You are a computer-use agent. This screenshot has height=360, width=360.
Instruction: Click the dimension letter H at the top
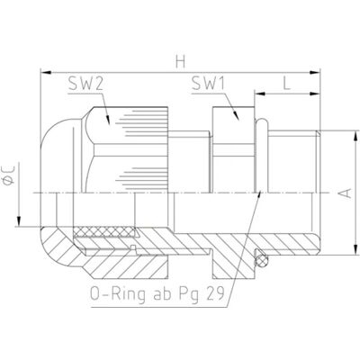click(x=180, y=62)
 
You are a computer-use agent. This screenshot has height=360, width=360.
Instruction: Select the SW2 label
click(x=85, y=84)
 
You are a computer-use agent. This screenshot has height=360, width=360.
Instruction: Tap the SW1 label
click(x=208, y=84)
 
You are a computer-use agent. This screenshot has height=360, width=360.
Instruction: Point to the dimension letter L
click(x=287, y=84)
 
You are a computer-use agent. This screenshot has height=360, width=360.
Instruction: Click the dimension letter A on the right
click(x=346, y=193)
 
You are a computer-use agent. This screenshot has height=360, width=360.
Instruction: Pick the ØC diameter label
click(x=9, y=175)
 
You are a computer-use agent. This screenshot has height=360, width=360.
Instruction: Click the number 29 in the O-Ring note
click(x=215, y=294)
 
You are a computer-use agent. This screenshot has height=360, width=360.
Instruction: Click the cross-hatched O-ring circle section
click(x=261, y=260)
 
